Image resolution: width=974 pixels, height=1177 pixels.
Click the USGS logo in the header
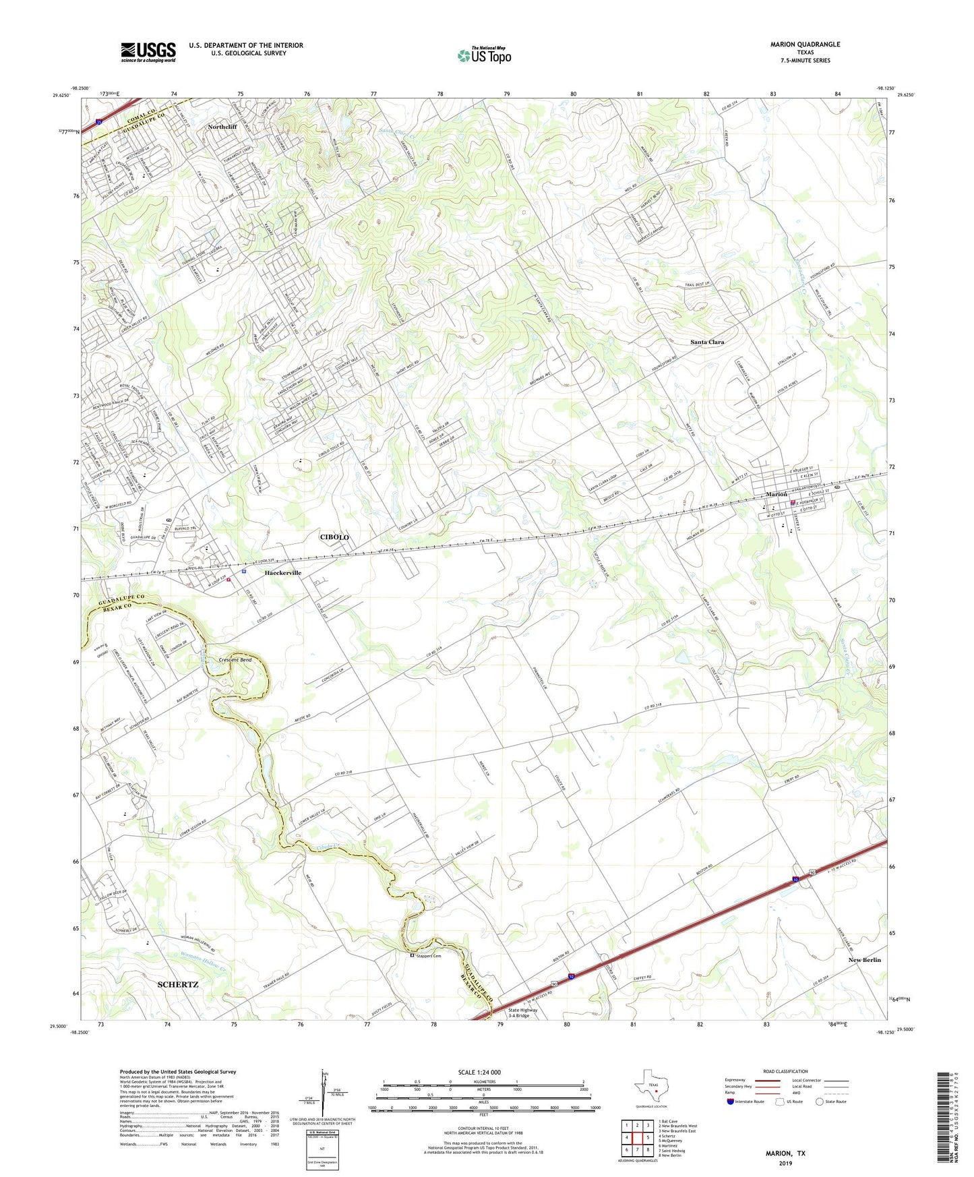(148, 51)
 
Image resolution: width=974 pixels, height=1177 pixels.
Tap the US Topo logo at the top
(483, 55)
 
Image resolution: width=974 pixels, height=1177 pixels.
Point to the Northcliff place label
(222, 127)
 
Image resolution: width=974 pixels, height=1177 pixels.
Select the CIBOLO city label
(334, 537)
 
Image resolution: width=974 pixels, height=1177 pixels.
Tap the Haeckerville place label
(282, 572)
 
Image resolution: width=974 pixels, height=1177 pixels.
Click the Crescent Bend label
(235, 660)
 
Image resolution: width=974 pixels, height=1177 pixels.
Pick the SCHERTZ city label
(178, 984)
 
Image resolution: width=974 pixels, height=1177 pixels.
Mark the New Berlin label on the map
(864, 959)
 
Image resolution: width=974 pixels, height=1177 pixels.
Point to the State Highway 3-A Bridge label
(523, 1013)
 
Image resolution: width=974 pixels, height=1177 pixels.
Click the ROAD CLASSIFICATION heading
(785, 1071)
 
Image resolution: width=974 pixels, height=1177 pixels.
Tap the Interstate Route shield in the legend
(731, 1101)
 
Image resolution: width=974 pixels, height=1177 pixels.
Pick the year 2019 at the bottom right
(785, 1164)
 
